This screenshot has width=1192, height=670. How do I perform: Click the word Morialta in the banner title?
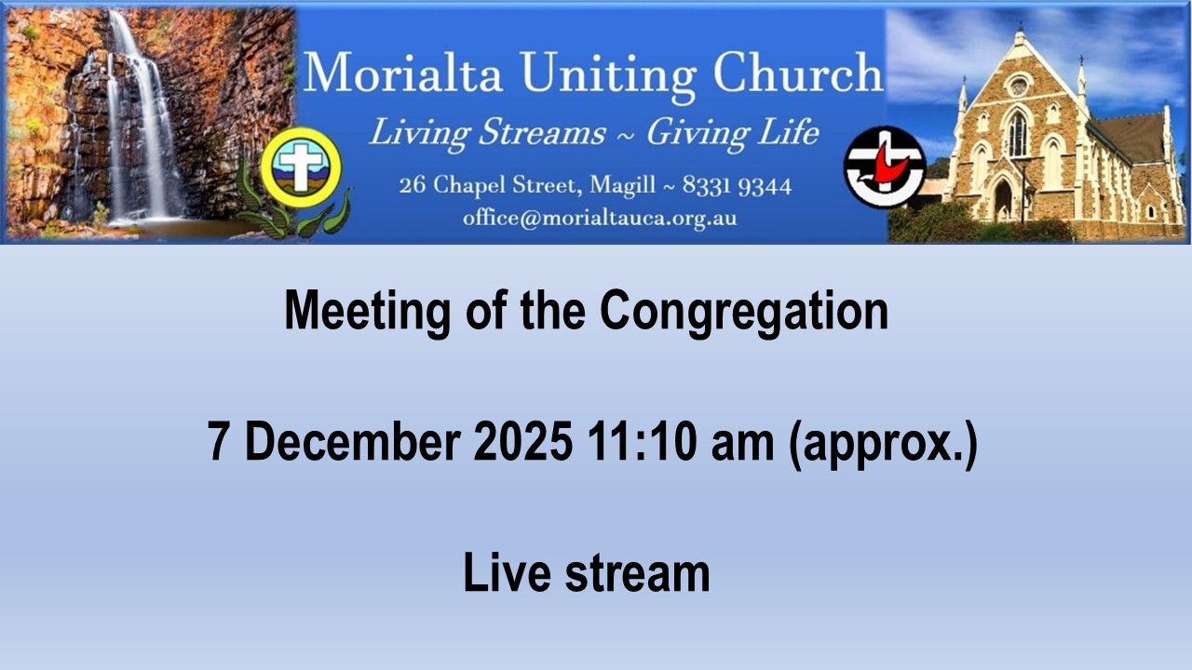coord(403,73)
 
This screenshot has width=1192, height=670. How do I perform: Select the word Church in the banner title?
coord(798,73)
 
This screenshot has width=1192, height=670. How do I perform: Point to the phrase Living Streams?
coord(488,132)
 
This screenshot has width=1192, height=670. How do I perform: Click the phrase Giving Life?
coord(733,132)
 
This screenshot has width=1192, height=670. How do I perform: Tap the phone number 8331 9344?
coord(737,186)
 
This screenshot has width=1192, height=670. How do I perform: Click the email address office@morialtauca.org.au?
coord(600,218)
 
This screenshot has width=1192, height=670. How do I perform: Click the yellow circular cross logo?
coord(301,167)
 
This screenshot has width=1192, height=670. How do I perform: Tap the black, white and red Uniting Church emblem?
coord(885,167)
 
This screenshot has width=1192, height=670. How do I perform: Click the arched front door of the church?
coord(1003,200)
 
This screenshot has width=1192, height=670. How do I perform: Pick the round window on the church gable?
coord(1019,86)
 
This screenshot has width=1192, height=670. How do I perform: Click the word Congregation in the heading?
coord(744,313)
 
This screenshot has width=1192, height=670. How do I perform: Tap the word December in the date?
coord(352,442)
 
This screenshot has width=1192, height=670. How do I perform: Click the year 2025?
coord(523,442)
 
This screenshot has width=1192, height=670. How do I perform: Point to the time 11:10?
coord(643,442)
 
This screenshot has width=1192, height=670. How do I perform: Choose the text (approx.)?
coord(884,445)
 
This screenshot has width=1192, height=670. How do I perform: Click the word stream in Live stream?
coord(637,573)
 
